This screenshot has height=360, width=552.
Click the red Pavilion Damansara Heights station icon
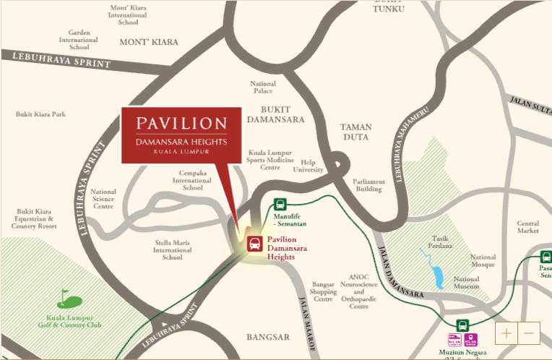[x=255, y=243]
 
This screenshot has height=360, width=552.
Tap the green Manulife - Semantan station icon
[x=280, y=205]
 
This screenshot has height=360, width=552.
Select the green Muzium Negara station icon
[x=462, y=326]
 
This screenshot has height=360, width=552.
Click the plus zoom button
[x=506, y=333]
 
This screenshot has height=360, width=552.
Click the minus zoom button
[x=529, y=333]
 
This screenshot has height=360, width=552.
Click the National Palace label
[x=262, y=87]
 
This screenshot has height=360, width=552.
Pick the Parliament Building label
[x=367, y=185]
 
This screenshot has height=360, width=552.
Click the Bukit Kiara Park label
[x=40, y=114]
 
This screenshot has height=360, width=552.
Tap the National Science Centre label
[x=103, y=199]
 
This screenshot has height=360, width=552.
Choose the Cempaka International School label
[x=193, y=180]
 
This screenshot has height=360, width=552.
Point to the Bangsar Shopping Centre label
[x=323, y=291]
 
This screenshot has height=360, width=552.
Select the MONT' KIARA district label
[x=148, y=42]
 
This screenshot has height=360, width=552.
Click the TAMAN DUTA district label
[x=355, y=132]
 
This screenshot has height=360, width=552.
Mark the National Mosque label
[x=483, y=261]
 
